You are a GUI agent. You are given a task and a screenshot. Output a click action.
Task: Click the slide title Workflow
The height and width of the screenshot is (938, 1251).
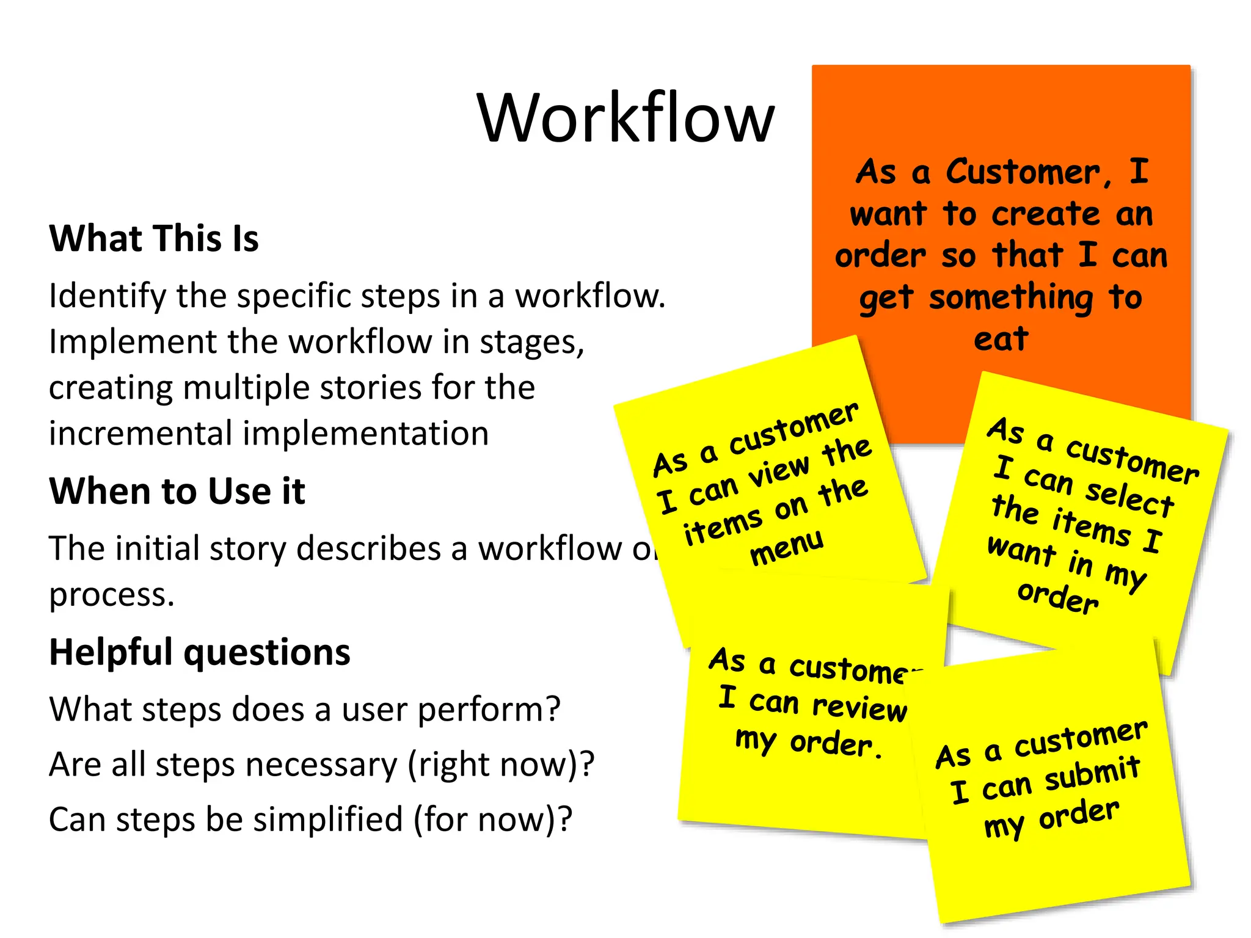tap(625, 117)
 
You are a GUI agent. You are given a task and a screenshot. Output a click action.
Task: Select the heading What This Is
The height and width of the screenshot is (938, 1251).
tap(154, 238)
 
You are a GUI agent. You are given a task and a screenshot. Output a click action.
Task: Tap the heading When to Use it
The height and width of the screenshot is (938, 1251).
tap(177, 491)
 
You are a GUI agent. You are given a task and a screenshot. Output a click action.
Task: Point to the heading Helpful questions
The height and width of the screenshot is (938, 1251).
tap(200, 652)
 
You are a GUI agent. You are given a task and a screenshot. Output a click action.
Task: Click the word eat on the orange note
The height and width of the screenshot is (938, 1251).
tap(1001, 340)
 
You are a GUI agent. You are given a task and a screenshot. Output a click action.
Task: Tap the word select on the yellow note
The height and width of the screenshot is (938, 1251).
tap(1130, 498)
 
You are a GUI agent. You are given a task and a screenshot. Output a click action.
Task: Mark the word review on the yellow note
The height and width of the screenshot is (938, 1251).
tap(859, 707)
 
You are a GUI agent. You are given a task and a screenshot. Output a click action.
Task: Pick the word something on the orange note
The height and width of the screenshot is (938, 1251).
tap(1010, 298)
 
